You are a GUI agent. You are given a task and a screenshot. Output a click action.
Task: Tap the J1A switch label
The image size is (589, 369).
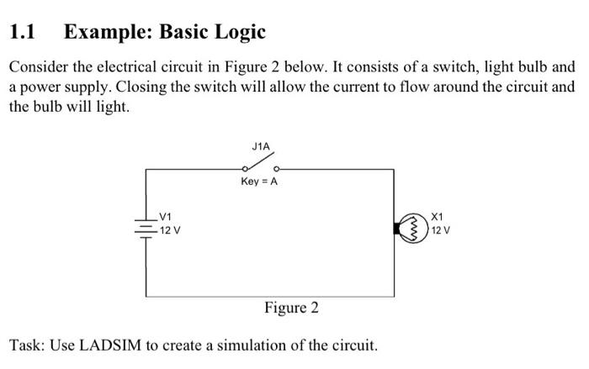[x=261, y=146]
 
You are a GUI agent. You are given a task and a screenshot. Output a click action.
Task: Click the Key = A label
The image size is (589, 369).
[x=259, y=182]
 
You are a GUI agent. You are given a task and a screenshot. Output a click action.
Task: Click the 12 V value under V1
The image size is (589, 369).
[x=172, y=229]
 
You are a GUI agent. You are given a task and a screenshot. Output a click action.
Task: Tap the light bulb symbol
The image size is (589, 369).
[x=415, y=228]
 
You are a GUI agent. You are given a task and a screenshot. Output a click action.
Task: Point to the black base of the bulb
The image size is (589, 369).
[x=399, y=228]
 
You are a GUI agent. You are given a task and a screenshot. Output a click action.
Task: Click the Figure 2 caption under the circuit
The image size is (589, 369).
[x=291, y=308]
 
